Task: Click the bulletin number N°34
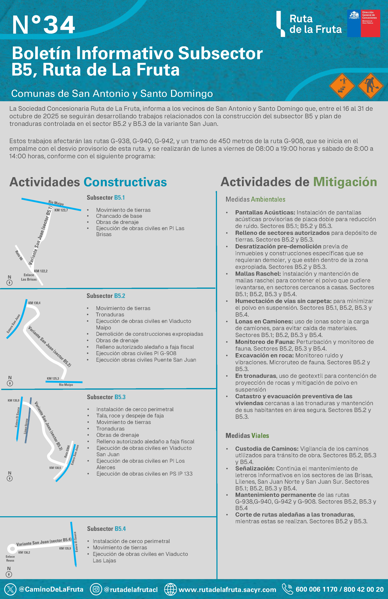click(43, 25)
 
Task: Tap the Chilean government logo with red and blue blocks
click(363, 23)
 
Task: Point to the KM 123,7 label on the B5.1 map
click(61, 210)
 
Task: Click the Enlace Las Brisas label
click(29, 277)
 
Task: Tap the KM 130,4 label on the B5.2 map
click(34, 303)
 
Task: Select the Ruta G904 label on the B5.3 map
click(67, 451)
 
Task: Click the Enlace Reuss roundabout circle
click(12, 548)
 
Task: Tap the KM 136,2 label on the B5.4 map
click(24, 553)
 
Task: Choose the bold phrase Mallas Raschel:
click(258, 274)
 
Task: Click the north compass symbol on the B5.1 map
click(10, 283)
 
